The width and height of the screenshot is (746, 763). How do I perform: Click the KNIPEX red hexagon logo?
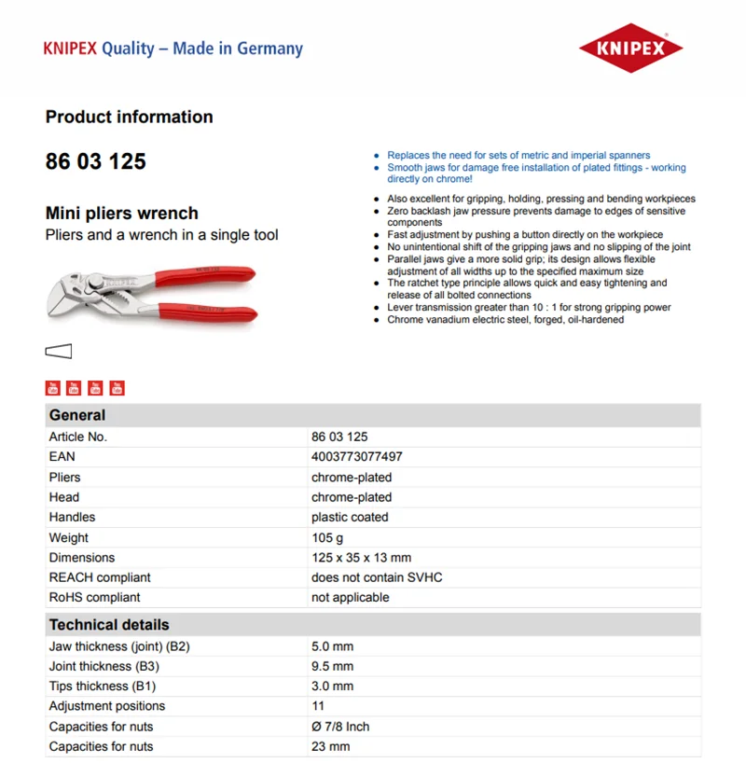[630, 48]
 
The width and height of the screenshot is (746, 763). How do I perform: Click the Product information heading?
[130, 118]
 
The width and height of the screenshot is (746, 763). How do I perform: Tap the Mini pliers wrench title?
[122, 214]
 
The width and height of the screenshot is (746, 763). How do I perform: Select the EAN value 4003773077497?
[357, 457]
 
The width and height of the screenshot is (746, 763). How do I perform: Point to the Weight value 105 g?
[327, 537]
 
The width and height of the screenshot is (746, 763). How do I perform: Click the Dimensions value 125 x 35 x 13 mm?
[361, 558]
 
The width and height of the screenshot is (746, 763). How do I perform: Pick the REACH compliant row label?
[100, 577]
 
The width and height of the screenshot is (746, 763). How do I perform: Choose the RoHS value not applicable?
[351, 598]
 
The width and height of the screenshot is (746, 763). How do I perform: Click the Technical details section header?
[109, 625]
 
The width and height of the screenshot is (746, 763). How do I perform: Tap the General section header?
[77, 416]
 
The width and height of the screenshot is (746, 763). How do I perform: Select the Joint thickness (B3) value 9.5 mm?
[333, 667]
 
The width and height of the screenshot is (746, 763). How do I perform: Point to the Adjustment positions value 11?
[318, 706]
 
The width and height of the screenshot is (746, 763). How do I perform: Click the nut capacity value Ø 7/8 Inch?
[340, 727]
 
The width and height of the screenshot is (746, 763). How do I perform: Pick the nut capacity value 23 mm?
[330, 746]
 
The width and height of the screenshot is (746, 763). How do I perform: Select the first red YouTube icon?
[53, 388]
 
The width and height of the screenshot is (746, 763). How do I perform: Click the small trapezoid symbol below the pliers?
[59, 352]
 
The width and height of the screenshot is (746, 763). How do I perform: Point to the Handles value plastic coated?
[350, 518]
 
